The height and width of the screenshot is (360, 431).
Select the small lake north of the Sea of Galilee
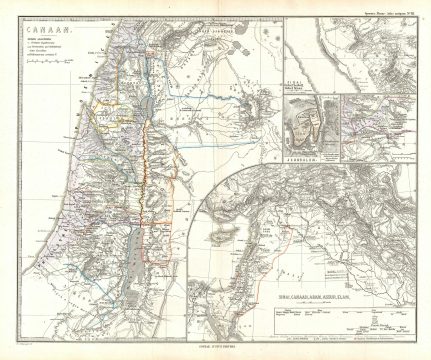pyautogui.click(x=142, y=73)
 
